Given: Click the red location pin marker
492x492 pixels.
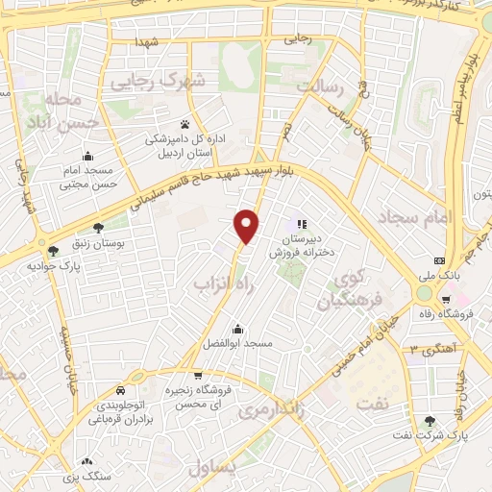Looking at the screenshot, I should point(248,226).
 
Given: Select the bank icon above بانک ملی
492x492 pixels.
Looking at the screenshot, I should point(440,260).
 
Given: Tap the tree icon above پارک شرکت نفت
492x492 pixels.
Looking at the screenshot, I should point(429,421).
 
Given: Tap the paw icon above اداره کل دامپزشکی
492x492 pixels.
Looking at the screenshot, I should point(184,125).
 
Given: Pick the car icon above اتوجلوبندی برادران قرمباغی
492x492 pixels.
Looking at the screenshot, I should point(120,391).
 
